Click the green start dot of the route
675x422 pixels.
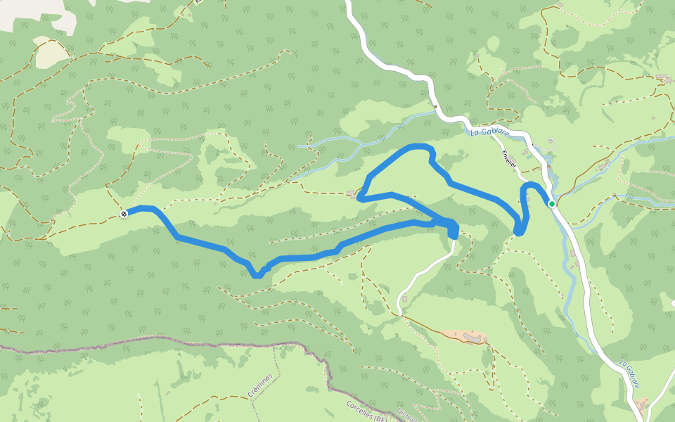pyautogui.click(x=552, y=204)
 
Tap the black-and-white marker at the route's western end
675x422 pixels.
pyautogui.click(x=124, y=213)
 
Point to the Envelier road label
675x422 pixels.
pyautogui.click(x=509, y=158)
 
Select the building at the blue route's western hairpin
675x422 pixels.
pyautogui.click(x=351, y=193)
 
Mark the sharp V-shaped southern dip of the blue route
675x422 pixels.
pyautogui.click(x=258, y=274)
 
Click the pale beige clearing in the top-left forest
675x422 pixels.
pyautogui.click(x=52, y=55)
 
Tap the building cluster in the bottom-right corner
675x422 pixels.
pyautogui.click(x=641, y=404)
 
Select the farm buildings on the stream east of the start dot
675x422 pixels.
pyautogui.click(x=603, y=165)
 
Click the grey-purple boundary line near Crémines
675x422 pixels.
pyautogui.click(x=211, y=342)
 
